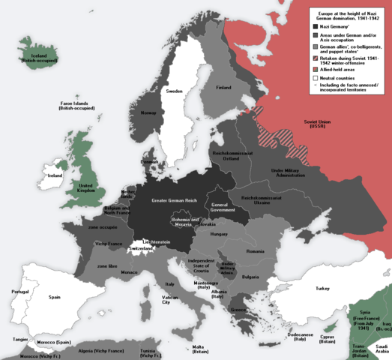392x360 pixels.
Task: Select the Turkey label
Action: (322, 289)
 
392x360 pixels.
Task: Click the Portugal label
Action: (20, 292)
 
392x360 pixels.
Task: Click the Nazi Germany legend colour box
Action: (316, 25)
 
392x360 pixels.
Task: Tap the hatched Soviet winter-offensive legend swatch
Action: (316, 58)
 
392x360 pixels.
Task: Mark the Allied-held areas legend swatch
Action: (316, 67)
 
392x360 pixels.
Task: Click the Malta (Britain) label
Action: (198, 349)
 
